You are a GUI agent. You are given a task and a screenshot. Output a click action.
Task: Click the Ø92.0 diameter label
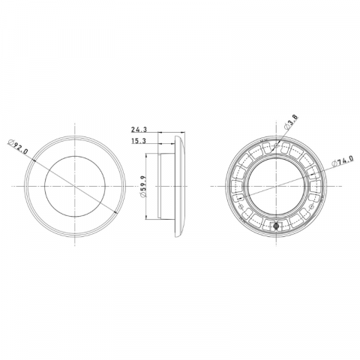(16, 146)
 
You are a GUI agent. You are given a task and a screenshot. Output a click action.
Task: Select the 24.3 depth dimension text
(139, 130)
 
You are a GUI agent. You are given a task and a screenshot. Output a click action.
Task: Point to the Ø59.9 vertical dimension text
(142, 185)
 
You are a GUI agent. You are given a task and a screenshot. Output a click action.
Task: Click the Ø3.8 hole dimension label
(292, 123)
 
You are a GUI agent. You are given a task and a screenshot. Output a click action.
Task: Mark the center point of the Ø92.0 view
(74, 185)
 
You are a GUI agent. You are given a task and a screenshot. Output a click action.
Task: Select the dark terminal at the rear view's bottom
(277, 226)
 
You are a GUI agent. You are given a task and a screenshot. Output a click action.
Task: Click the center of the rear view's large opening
(277, 185)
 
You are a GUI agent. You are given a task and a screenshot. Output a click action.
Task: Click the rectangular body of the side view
(165, 185)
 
